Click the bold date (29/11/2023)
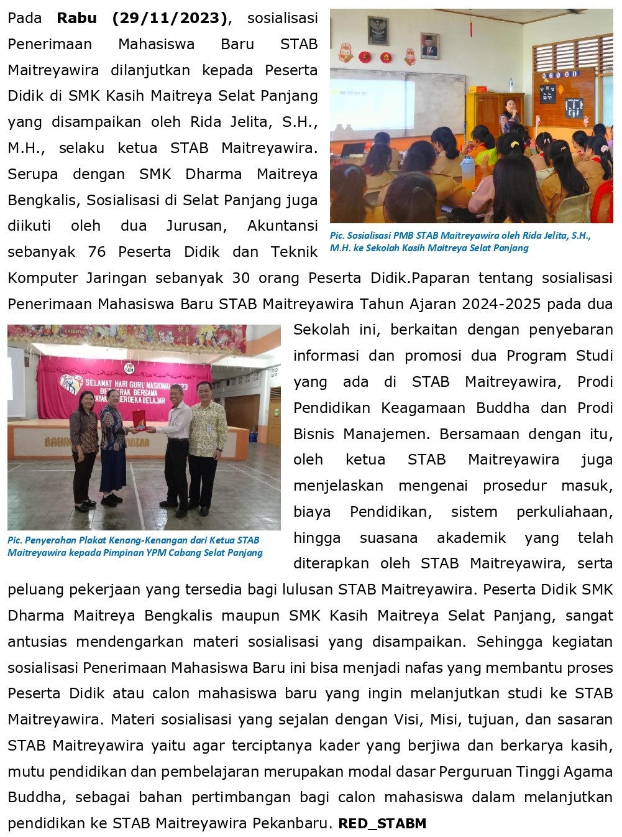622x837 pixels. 170,18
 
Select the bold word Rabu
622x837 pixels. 76,18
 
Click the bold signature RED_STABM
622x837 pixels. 382,824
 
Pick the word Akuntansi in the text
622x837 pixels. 283,226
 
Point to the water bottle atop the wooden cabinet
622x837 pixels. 511,85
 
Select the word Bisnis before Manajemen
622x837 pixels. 314,433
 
